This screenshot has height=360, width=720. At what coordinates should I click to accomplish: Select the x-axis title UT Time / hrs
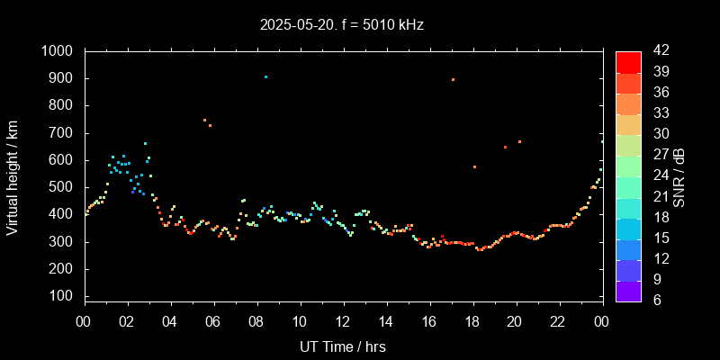tap(344, 346)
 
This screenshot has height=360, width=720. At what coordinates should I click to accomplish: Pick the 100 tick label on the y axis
tap(61, 297)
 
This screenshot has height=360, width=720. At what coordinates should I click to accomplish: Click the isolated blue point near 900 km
tap(265, 77)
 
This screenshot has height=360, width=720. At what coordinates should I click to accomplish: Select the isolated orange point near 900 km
tap(453, 80)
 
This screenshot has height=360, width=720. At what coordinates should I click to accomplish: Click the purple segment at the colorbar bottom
tap(628, 291)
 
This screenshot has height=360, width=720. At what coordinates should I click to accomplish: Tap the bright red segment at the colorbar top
tap(628, 61)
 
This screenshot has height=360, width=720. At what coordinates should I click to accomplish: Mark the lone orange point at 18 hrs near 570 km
tap(474, 167)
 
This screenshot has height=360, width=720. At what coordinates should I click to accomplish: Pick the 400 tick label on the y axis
tap(61, 215)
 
